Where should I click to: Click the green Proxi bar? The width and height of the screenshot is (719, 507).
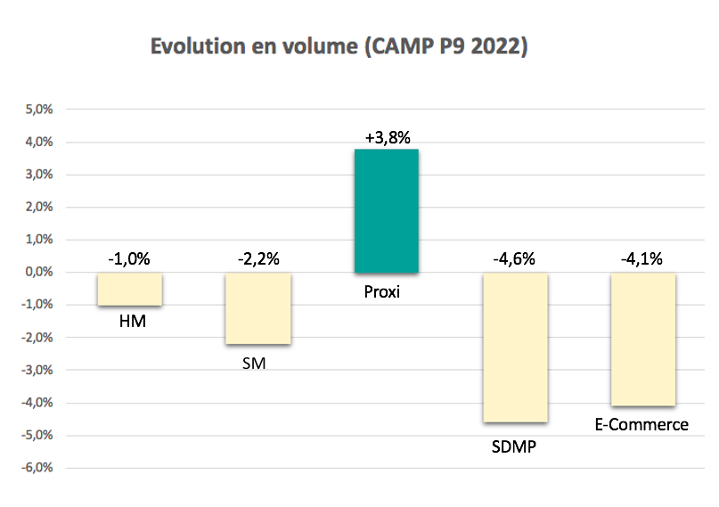386,210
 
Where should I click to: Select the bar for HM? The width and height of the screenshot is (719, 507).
129,289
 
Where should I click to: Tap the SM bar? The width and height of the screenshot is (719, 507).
257,308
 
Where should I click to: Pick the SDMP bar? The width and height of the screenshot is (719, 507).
515,348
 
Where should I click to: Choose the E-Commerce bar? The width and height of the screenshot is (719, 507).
642,339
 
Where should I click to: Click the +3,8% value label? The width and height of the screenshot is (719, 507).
387,137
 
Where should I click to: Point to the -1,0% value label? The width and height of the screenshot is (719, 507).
129,260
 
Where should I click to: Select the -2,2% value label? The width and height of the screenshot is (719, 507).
257,260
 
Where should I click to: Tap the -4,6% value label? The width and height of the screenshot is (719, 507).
515,260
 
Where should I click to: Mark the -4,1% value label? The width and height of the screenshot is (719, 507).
642,260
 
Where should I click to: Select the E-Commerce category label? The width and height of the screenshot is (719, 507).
641,424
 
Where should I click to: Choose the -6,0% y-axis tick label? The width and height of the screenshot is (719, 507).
39,468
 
